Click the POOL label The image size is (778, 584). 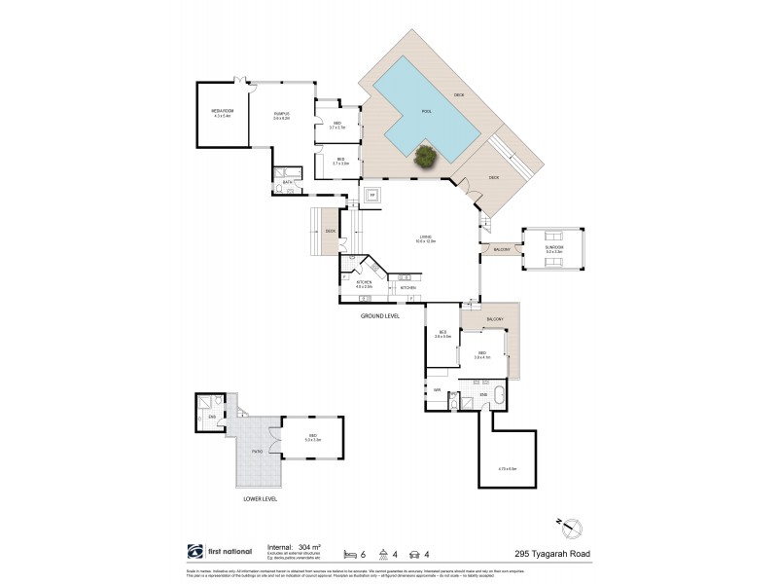[x=426, y=112]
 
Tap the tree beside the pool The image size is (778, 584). [x=424, y=156]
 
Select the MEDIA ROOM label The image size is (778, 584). [x=222, y=115]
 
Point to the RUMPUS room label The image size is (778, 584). [x=282, y=115]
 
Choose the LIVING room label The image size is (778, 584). [x=426, y=237]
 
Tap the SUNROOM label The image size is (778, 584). [x=554, y=248]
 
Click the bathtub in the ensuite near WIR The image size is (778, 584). [x=498, y=395]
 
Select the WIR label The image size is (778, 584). [x=438, y=391]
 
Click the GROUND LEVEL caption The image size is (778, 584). [x=378, y=316]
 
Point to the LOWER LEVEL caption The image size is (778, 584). [x=261, y=497]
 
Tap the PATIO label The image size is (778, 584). [x=258, y=452]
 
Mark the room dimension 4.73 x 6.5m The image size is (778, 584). [x=507, y=469]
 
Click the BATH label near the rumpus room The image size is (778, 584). [x=288, y=182]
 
